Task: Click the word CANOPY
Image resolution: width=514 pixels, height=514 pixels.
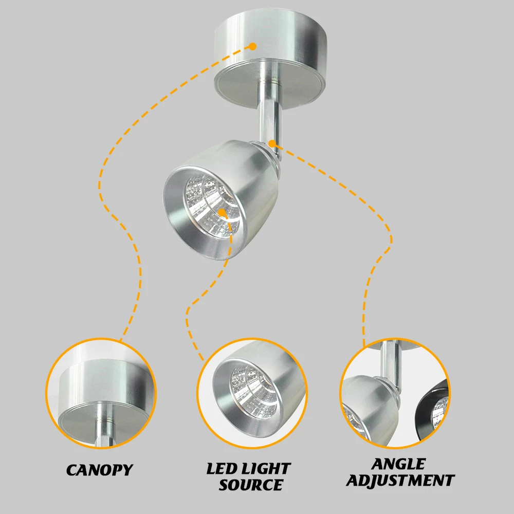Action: [x=99, y=470]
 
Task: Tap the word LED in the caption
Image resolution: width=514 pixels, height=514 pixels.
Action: [x=222, y=469]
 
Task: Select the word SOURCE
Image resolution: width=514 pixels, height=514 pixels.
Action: [x=250, y=484]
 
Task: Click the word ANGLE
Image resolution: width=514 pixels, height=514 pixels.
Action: [x=399, y=464]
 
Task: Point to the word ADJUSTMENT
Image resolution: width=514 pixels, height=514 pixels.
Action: [x=399, y=481]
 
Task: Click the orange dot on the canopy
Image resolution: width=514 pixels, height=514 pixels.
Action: [x=252, y=46]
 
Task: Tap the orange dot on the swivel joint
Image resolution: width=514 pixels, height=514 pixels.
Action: [x=272, y=143]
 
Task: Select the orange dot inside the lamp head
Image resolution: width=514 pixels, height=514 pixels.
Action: [x=222, y=212]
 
